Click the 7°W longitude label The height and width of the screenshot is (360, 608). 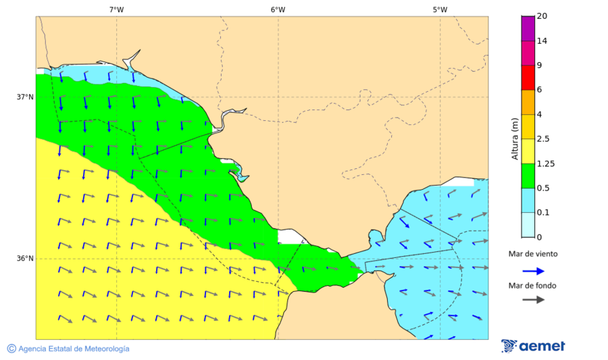point(116,9)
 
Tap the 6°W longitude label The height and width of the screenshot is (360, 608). point(278,9)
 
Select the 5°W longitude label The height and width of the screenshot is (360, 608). point(440,9)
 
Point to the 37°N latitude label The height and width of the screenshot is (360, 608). point(25,97)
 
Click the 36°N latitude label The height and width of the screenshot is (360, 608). point(25,259)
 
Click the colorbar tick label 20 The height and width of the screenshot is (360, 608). point(542,16)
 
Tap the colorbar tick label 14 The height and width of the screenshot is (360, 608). point(542,41)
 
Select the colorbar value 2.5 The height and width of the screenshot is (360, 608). point(542,138)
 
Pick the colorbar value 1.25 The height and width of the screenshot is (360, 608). point(544,163)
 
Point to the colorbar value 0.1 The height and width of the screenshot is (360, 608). point(542,212)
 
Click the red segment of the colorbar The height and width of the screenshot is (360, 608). point(528,77)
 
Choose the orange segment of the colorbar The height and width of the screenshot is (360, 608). point(528,101)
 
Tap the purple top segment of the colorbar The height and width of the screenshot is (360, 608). point(528,28)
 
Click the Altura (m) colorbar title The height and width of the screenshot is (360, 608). point(515,138)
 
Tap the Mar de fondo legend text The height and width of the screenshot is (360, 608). point(533,285)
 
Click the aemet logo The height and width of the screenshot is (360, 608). point(533,346)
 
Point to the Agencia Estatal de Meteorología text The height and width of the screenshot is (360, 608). point(74,349)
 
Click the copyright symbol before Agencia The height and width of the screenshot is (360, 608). point(11,349)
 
